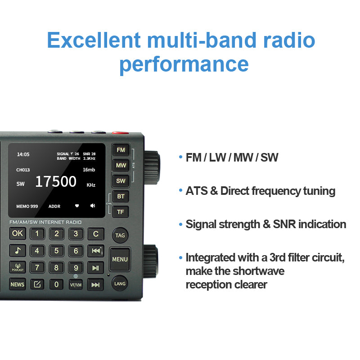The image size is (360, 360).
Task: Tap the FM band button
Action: click(x=121, y=150)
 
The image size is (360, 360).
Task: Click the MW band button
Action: click(x=121, y=165)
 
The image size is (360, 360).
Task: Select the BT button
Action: click(x=121, y=197)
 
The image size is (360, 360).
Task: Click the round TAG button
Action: click(x=120, y=235)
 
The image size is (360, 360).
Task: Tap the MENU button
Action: click(x=120, y=259)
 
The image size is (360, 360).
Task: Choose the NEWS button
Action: click(x=18, y=284)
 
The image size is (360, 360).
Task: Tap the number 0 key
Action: click(x=56, y=284)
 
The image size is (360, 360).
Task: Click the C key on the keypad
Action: click(x=95, y=234)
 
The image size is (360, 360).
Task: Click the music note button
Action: click(x=18, y=251)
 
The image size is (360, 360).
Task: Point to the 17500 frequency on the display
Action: click(x=56, y=182)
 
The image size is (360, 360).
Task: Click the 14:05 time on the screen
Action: click(x=23, y=154)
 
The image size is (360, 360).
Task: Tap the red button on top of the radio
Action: click(x=120, y=133)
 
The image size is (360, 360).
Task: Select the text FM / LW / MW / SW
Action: click(x=232, y=157)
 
